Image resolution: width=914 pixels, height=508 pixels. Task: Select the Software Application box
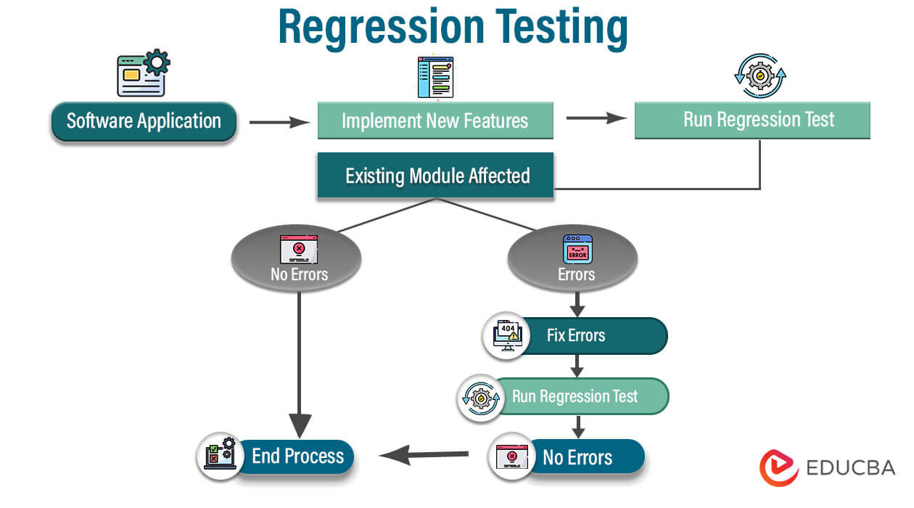pyautogui.click(x=144, y=121)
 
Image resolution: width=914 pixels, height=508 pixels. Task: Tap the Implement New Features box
pyautogui.click(x=435, y=120)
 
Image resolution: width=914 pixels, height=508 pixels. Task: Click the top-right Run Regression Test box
pyautogui.click(x=752, y=120)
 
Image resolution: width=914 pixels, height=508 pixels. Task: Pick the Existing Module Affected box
pyautogui.click(x=436, y=176)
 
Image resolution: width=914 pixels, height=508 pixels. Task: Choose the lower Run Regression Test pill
pyautogui.click(x=576, y=396)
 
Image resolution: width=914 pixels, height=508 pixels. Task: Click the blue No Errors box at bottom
pyautogui.click(x=580, y=457)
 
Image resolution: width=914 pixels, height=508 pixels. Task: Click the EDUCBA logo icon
pyautogui.click(x=779, y=467)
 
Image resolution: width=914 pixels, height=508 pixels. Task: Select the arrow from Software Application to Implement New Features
pyautogui.click(x=279, y=123)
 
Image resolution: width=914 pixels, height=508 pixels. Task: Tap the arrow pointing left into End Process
pyautogui.click(x=424, y=456)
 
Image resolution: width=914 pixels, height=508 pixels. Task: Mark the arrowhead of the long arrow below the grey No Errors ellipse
pyautogui.click(x=300, y=425)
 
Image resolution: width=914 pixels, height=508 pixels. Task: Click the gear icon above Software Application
pyautogui.click(x=155, y=62)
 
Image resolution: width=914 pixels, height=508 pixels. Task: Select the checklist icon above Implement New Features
pyautogui.click(x=435, y=78)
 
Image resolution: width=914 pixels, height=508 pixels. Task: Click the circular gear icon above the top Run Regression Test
pyautogui.click(x=760, y=75)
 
